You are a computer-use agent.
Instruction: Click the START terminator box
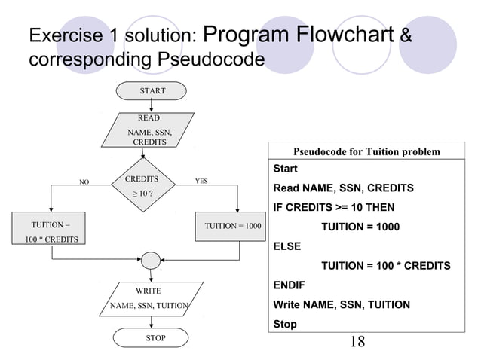point(152,91)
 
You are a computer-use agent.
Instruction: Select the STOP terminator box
point(155,338)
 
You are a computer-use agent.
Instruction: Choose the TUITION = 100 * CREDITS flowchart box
point(51,232)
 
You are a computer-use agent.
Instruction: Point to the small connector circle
point(151,260)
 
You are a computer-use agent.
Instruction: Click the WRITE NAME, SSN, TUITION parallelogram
point(149,297)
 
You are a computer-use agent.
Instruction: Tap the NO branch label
point(84,182)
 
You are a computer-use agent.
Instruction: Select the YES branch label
point(201,182)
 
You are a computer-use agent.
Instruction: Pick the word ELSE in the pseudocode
point(286,246)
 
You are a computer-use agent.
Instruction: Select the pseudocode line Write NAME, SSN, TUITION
point(341,304)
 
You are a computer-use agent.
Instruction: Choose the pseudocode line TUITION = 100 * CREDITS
point(386,265)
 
